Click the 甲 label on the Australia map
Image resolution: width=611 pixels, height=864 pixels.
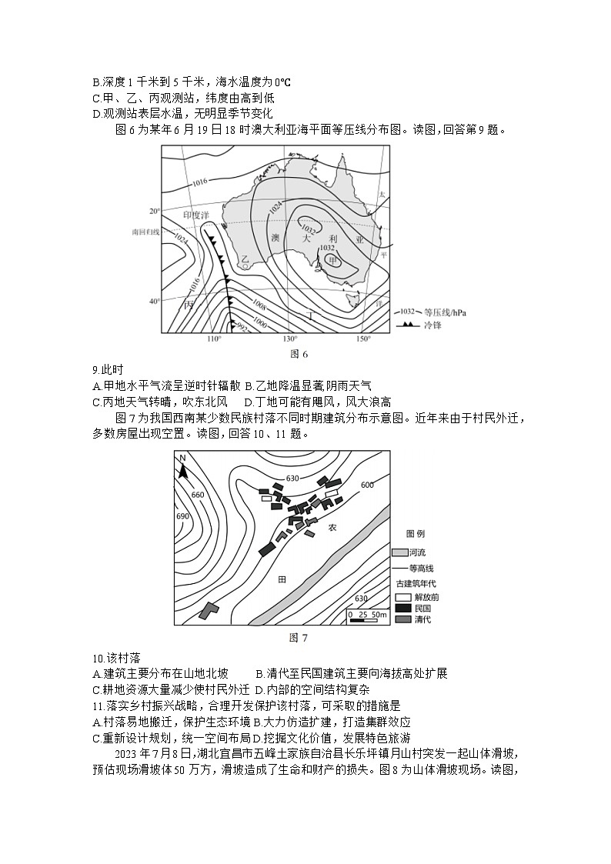tap(332, 261)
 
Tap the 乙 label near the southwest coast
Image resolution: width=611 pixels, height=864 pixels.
tap(244, 260)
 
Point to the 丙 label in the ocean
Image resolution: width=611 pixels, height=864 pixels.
tap(189, 305)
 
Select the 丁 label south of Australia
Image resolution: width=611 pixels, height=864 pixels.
tap(310, 315)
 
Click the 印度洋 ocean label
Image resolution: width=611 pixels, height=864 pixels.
tap(197, 216)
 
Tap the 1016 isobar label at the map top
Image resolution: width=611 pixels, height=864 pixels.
tap(200, 182)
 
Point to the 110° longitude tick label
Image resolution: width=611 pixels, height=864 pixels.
tap(215, 339)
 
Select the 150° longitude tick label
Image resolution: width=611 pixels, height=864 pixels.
tap(363, 339)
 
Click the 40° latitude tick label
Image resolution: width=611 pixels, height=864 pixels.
tap(154, 301)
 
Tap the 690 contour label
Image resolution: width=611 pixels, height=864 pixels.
tap(182, 515)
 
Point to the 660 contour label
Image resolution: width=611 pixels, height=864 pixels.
tap(197, 495)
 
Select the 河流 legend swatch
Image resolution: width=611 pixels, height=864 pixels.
tap(399, 552)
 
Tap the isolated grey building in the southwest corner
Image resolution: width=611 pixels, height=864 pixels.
tap(208, 611)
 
